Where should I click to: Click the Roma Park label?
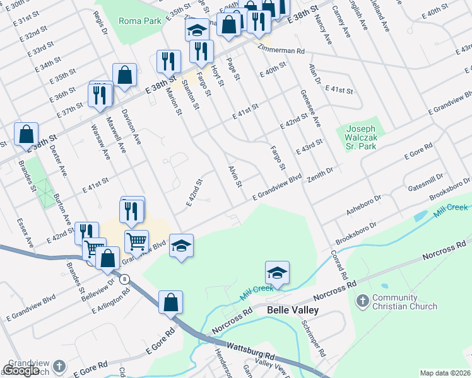(x=140, y=20)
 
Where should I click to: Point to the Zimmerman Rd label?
(x=281, y=49)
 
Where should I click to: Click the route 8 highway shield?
(x=126, y=278)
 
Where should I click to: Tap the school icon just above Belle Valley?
(x=277, y=272)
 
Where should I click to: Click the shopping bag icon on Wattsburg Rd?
(x=170, y=302)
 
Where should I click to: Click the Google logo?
(x=21, y=370)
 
